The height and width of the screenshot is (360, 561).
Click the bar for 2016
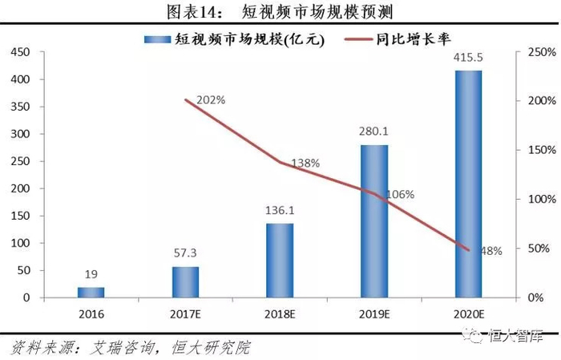pyautogui.click(x=91, y=293)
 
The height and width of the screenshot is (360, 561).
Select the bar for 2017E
pyautogui.click(x=185, y=282)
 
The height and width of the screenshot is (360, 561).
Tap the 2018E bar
pyautogui.click(x=280, y=261)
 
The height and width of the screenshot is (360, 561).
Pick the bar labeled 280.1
pyautogui.click(x=374, y=221)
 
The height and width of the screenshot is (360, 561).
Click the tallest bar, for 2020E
pyautogui.click(x=468, y=184)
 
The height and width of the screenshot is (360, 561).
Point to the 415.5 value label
pyautogui.click(x=468, y=57)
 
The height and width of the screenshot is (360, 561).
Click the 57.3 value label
pyautogui.click(x=185, y=253)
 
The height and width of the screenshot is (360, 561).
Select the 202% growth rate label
pyautogui.click(x=211, y=100)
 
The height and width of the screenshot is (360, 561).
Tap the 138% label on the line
pyautogui.click(x=305, y=164)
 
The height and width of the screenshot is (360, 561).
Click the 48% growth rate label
pyautogui.click(x=491, y=251)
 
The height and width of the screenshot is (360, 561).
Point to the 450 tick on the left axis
pyautogui.click(x=20, y=52)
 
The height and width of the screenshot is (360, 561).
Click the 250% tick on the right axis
pyautogui.click(x=542, y=52)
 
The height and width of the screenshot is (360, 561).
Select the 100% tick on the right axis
pyautogui.click(x=542, y=200)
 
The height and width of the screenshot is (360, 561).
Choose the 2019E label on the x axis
pyautogui.click(x=374, y=314)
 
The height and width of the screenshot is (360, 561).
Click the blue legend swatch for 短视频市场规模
pyautogui.click(x=157, y=39)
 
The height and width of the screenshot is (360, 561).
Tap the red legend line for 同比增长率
pyautogui.click(x=358, y=39)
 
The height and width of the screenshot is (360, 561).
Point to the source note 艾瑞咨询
pyautogui.click(x=123, y=348)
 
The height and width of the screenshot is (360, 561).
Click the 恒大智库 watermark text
pyautogui.click(x=515, y=336)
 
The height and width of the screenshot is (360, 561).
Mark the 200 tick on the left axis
pyautogui.click(x=20, y=188)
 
